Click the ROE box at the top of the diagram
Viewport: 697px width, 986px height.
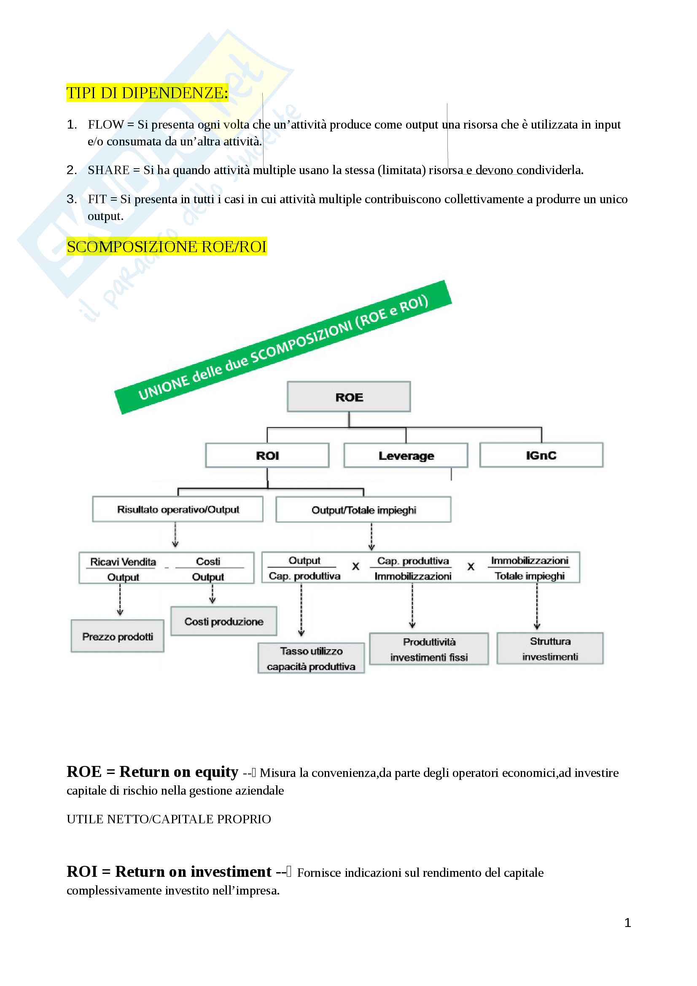coord(349,397)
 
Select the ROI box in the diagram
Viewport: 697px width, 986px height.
coord(267,455)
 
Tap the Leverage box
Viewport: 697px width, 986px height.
coord(406,455)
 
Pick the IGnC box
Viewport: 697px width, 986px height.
coord(541,455)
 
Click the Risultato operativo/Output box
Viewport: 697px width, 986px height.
coord(178,509)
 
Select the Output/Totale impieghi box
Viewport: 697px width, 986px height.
coord(363,510)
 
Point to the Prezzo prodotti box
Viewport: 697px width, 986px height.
coord(117,637)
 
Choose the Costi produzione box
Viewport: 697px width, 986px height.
coord(224,621)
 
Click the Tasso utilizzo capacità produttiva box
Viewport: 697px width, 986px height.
coord(311,658)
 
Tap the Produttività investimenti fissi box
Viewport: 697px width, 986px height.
coord(428,649)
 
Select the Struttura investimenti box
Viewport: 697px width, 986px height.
coord(550,648)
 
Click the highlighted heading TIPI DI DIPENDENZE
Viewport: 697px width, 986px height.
coord(147,93)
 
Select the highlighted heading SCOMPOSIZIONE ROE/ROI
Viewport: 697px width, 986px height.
coord(167,247)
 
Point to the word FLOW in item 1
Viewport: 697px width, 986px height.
coord(106,124)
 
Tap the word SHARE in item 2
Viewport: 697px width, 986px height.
coord(108,170)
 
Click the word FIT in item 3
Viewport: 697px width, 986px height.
coord(97,199)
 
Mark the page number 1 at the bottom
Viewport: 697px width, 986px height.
coord(627,923)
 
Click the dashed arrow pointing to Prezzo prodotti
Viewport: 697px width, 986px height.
coord(120,599)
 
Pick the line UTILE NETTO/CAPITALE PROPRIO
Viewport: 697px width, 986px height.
coord(169,819)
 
